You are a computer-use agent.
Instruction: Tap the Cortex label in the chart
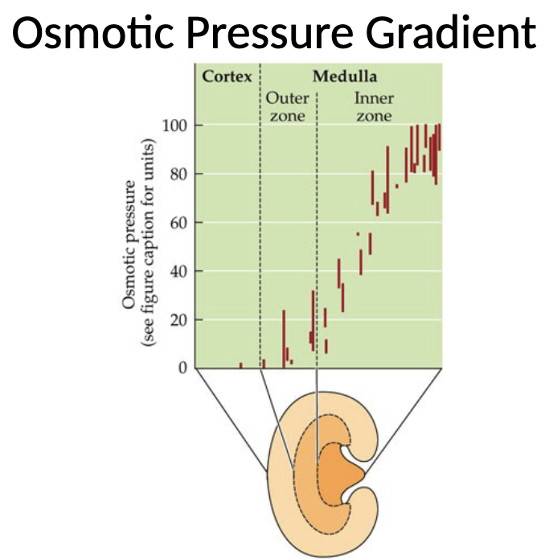226,78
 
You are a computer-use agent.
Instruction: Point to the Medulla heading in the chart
345,78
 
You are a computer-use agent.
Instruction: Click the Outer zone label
287,107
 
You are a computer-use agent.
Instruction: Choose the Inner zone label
374,107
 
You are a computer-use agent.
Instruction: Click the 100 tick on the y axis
174,126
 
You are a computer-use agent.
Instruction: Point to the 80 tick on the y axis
178,174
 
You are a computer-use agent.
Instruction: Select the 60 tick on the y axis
178,223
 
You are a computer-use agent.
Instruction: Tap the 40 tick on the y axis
178,271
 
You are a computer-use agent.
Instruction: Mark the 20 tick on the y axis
178,319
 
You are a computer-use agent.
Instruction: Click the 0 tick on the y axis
182,369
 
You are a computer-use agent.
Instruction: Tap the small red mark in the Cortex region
240,364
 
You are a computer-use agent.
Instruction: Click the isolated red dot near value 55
358,234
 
